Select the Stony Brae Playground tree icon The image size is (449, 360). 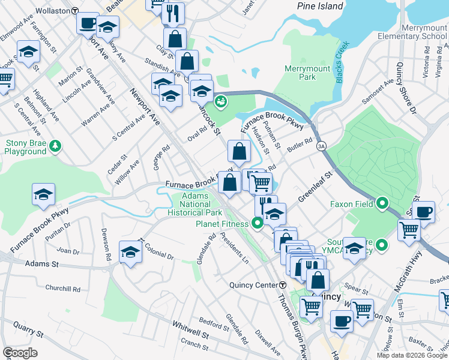tap(55, 145)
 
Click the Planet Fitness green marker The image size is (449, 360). tap(258, 224)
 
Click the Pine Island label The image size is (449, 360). tap(321, 6)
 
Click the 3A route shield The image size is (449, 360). tap(322, 146)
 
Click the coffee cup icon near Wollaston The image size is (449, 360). tap(87, 23)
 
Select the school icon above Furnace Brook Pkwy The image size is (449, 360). tap(44, 194)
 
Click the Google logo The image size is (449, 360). tap(20, 353)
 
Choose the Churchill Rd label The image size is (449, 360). tap(62, 289)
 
